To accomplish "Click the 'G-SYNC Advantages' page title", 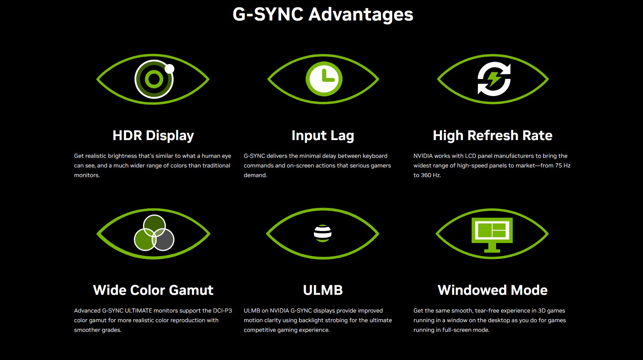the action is (322, 14).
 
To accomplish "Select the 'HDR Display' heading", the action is (153, 135).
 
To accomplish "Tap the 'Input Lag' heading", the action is (322, 135).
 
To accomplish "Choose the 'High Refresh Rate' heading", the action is (493, 135).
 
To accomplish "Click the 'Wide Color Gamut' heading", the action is (153, 290).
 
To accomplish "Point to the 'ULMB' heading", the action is (322, 290).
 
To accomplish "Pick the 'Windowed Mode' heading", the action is (493, 290).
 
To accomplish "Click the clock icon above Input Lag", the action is (324, 79).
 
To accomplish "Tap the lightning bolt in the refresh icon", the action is (494, 79).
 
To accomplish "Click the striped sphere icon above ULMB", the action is (322, 233).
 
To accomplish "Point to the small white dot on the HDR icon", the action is (170, 69).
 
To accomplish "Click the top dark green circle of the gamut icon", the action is (154, 226).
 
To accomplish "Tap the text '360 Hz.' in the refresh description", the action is (431, 175).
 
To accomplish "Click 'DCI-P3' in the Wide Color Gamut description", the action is (223, 311).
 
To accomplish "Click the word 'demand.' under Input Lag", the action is (255, 175).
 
